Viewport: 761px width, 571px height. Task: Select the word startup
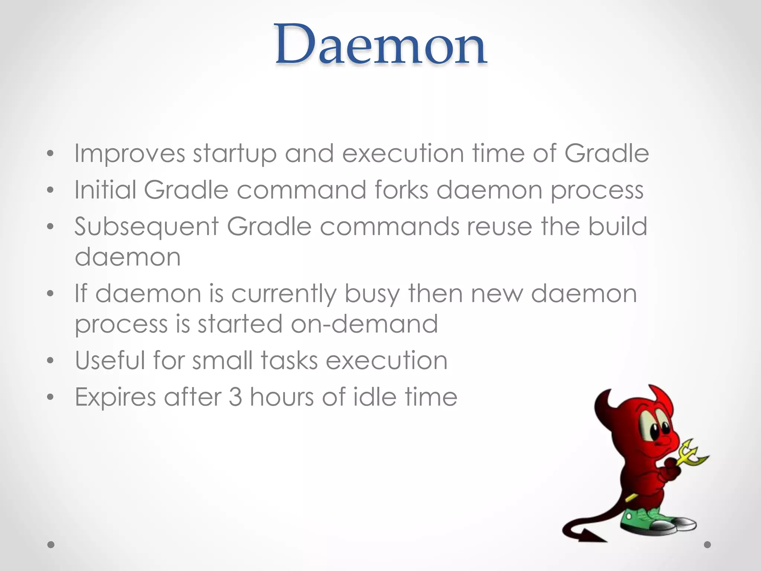(234, 154)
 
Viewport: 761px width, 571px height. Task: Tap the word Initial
(105, 190)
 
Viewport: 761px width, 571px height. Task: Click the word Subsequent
(146, 227)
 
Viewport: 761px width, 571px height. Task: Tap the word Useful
(110, 360)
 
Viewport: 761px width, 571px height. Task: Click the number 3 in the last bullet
(235, 397)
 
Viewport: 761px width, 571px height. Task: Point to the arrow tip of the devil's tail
(591, 536)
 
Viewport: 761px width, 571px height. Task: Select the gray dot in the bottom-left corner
(51, 545)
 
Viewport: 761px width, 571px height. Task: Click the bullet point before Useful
(51, 361)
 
